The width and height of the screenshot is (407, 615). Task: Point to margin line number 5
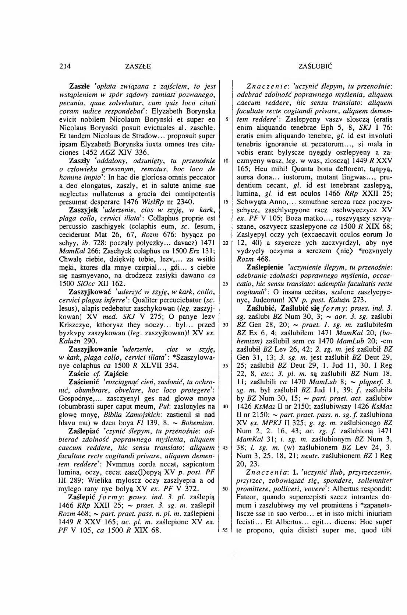click(224, 120)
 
